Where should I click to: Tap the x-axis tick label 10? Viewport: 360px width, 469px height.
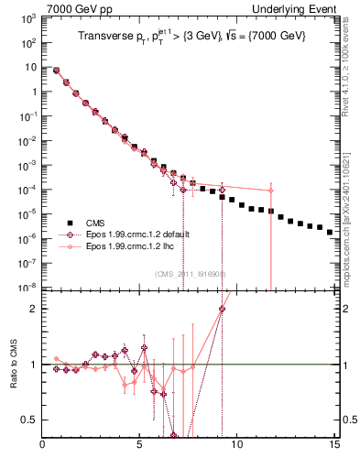point(236,447)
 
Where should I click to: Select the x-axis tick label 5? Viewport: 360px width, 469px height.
point(139,447)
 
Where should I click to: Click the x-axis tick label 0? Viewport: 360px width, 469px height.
point(43,447)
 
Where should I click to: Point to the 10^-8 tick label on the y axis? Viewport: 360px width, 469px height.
point(28,287)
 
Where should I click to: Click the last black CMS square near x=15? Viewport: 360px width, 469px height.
point(330,233)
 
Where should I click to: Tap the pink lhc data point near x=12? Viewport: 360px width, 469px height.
point(271,191)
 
